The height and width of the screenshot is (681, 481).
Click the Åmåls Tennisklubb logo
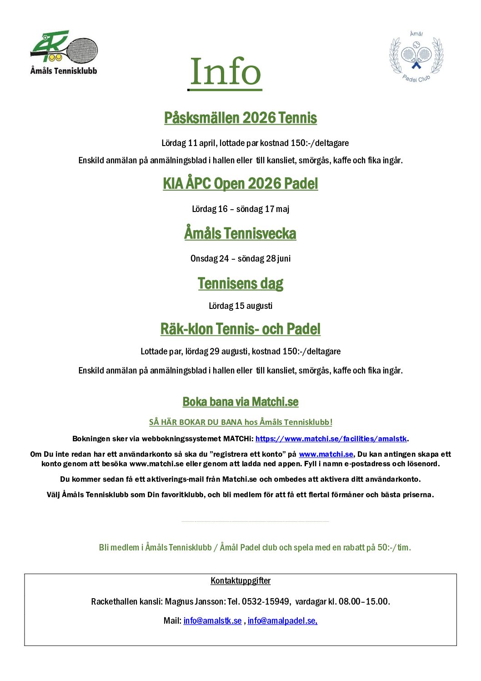[x=64, y=52]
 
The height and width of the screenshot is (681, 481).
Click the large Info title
[x=225, y=72]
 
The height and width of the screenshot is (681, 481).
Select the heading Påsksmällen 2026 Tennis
[x=240, y=118]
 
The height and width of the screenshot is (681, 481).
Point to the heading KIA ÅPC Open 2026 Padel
[x=240, y=183]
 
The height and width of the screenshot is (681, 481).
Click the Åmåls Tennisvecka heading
[x=240, y=233]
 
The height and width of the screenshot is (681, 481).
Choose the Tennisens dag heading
[x=240, y=283]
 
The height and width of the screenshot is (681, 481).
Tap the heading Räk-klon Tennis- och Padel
[x=240, y=329]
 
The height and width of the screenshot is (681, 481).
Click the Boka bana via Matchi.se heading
[x=240, y=402]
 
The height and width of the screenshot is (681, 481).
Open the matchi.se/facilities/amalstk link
[x=331, y=439]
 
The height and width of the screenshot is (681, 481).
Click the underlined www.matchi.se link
[x=326, y=454]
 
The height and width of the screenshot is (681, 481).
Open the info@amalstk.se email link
[x=212, y=620]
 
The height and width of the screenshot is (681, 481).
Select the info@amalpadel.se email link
[x=282, y=620]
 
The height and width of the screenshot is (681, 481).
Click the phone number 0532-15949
[x=266, y=601]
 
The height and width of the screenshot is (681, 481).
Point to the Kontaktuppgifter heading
[x=240, y=580]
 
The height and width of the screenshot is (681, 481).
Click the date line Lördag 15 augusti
[x=240, y=306]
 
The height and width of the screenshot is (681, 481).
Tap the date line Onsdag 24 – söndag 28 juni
[x=240, y=258]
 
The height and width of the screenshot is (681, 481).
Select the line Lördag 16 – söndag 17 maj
[x=240, y=209]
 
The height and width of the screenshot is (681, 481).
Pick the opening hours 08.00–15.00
[x=363, y=601]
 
